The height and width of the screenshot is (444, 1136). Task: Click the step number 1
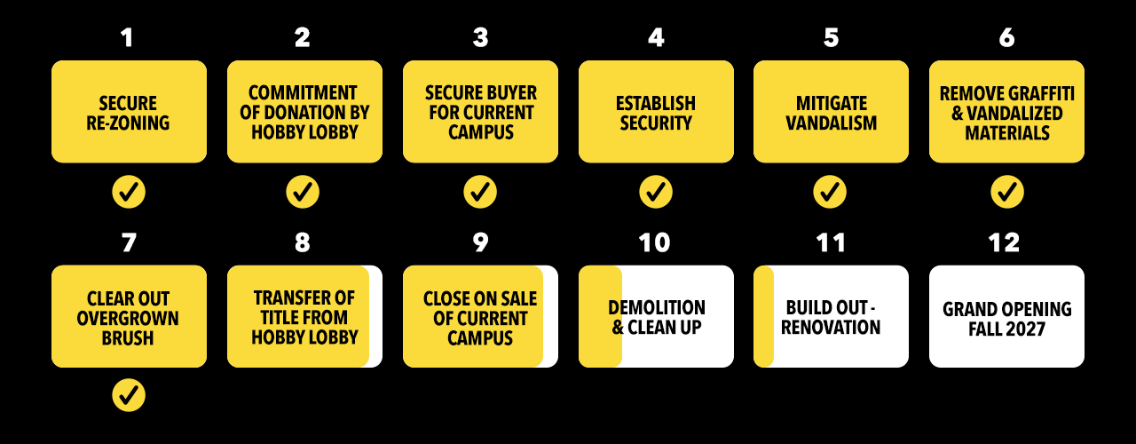coord(129,38)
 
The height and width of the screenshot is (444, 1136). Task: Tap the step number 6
coord(1006,38)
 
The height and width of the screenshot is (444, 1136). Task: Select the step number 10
coord(655,243)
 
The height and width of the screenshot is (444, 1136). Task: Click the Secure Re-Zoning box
coord(129,112)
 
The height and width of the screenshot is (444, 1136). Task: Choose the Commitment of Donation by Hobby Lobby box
coord(304,112)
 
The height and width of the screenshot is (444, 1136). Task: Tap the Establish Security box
coord(656,112)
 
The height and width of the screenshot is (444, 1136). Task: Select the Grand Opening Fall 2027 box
coord(1006,317)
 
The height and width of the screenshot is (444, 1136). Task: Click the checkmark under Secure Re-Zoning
coord(129,191)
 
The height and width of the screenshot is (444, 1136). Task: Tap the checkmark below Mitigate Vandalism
coord(830,191)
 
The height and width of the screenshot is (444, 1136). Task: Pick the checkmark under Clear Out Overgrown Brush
coord(129,395)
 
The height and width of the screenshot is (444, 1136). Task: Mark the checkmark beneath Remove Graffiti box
coord(1006,191)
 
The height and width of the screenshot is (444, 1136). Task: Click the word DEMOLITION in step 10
coord(657,307)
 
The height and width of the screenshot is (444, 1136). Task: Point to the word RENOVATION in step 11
coord(831,327)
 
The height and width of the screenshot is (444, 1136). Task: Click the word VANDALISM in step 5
coord(831,123)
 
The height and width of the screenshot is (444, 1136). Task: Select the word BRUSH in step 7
coord(129,337)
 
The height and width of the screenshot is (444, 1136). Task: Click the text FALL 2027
coord(1006,328)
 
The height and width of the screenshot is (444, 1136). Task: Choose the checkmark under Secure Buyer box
coord(480,191)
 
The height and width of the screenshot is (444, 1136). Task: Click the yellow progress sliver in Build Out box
coord(763,317)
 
